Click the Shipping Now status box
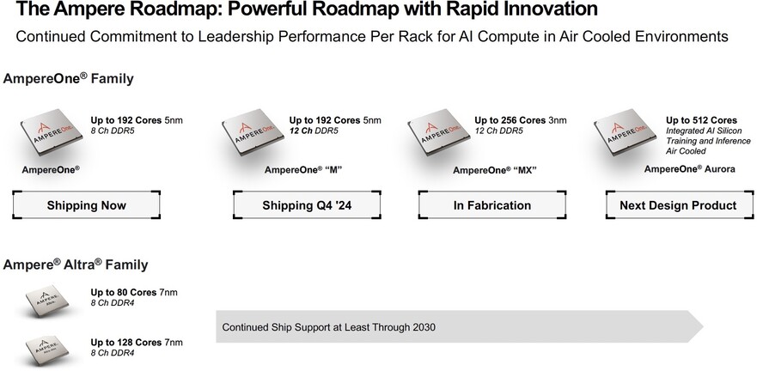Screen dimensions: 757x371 (x=87, y=205)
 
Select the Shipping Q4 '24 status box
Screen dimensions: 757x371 (x=307, y=205)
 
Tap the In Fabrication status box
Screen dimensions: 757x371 (x=492, y=205)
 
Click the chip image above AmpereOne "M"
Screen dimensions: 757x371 (x=253, y=131)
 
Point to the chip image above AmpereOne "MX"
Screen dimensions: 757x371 (x=439, y=131)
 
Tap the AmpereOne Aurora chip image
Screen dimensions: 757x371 (x=625, y=131)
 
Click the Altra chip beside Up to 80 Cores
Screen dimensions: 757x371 (x=47, y=300)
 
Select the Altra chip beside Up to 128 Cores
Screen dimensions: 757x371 (x=47, y=350)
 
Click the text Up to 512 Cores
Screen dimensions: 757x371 (x=701, y=120)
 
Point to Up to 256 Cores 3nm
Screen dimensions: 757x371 (x=521, y=120)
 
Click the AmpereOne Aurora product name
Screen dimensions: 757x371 (x=689, y=169)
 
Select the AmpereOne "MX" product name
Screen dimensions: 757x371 (x=495, y=170)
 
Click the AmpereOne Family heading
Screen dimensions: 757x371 (x=68, y=79)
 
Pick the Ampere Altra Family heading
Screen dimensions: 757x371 (x=76, y=265)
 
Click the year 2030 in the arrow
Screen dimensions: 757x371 (x=424, y=327)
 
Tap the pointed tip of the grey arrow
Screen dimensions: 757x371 (x=703, y=327)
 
